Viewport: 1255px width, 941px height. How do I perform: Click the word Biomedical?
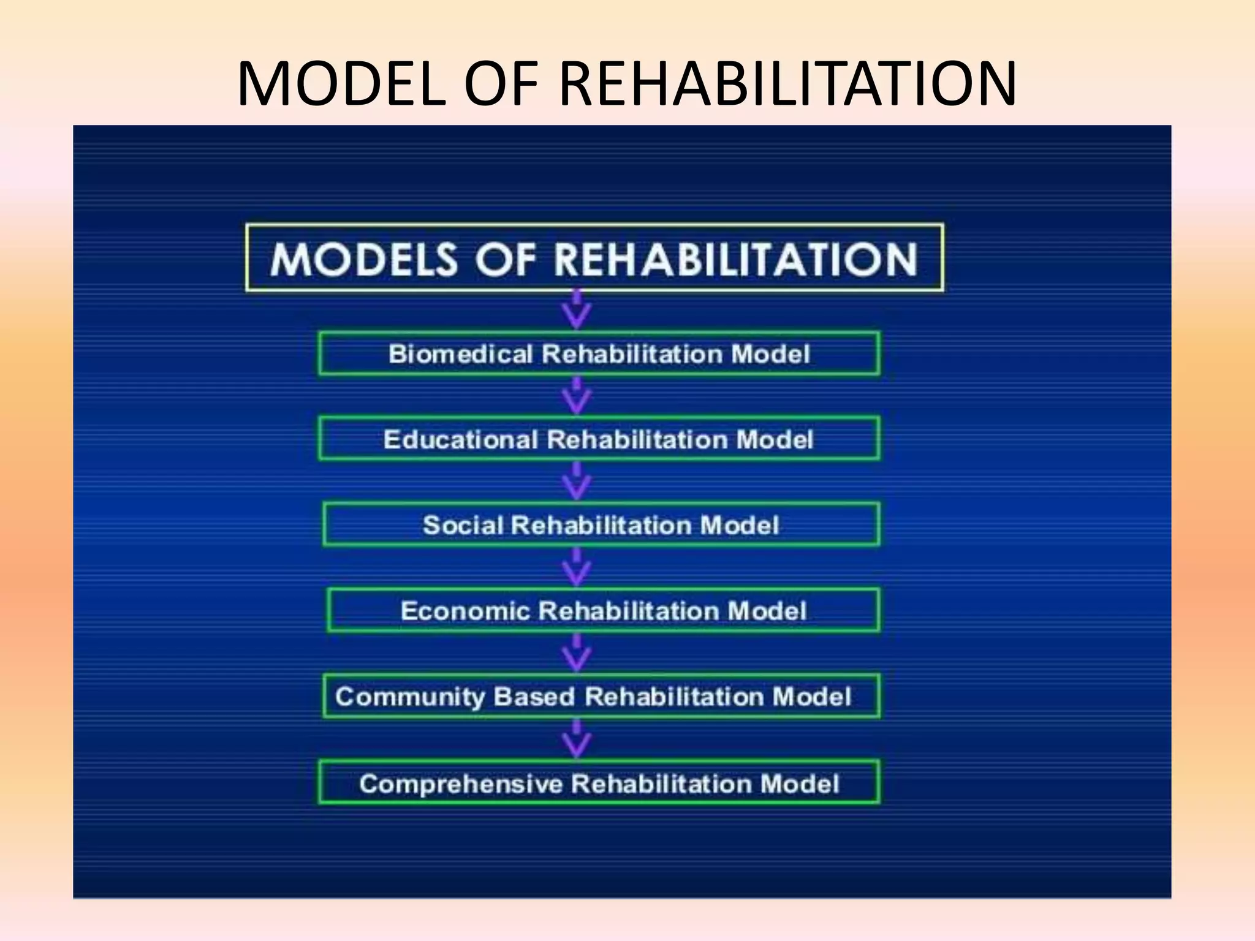pyautogui.click(x=460, y=354)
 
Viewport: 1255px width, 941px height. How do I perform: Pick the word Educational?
pyautogui.click(x=460, y=439)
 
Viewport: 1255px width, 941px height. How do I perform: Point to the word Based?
pyautogui.click(x=534, y=697)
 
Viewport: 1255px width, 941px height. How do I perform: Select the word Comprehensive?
pyautogui.click(x=460, y=784)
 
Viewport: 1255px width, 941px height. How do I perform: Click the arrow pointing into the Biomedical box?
pyautogui.click(x=577, y=311)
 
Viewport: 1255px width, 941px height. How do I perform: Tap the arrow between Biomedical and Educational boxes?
pyautogui.click(x=577, y=396)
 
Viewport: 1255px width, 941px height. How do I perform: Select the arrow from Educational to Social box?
pyautogui.click(x=577, y=482)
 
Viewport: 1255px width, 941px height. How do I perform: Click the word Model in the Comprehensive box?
pyautogui.click(x=799, y=784)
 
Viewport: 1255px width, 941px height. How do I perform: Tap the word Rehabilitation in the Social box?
pyautogui.click(x=601, y=525)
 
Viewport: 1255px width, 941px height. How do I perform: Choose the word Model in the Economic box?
pyautogui.click(x=766, y=611)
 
